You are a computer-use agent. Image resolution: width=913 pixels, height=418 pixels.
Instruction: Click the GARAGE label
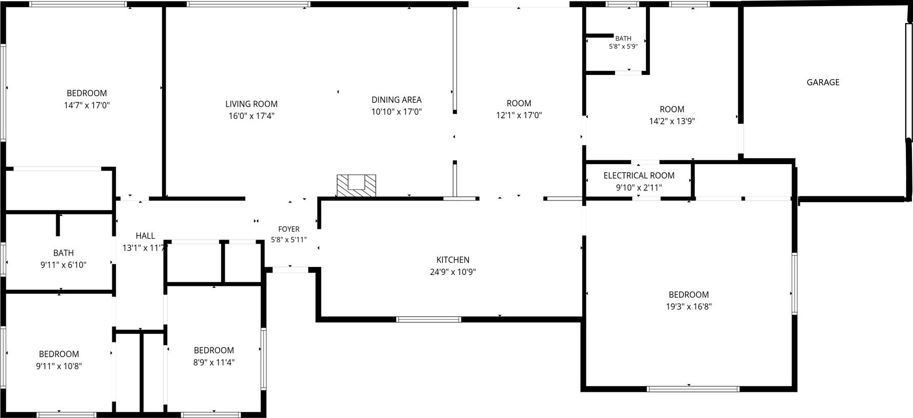click(x=823, y=82)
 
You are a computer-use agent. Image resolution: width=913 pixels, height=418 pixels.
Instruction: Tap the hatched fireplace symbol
click(x=356, y=185)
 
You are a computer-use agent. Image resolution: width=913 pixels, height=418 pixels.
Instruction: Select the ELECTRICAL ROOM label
click(x=639, y=176)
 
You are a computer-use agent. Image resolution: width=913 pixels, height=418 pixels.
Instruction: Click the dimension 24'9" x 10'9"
click(x=453, y=272)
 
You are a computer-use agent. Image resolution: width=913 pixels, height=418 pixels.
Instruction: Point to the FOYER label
click(x=289, y=229)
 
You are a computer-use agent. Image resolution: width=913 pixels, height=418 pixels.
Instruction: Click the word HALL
click(x=145, y=236)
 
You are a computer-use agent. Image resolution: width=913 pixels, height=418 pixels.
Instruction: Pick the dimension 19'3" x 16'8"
click(x=689, y=307)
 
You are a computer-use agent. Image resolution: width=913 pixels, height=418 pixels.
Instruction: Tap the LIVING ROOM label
click(x=252, y=104)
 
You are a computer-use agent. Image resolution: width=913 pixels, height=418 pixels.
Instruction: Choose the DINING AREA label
click(x=397, y=100)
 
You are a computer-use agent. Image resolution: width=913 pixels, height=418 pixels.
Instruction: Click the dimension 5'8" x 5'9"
click(x=623, y=46)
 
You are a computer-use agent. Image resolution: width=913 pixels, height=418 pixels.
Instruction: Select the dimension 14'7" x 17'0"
click(x=87, y=105)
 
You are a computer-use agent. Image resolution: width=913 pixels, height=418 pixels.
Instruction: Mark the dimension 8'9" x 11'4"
click(x=214, y=362)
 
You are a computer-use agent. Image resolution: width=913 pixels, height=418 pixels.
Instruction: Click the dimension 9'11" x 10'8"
click(x=59, y=366)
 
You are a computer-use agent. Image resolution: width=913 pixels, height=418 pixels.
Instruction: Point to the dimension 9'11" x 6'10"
click(x=63, y=265)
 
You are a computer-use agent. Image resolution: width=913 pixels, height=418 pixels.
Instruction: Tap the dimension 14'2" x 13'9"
click(x=672, y=121)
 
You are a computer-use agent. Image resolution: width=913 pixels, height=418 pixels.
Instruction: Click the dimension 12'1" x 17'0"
click(x=519, y=116)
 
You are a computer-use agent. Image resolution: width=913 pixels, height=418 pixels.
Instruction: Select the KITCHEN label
click(x=453, y=260)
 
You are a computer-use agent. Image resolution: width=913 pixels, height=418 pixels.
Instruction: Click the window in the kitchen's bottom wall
click(x=428, y=319)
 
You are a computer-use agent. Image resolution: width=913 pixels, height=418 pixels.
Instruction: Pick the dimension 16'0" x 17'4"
click(x=252, y=116)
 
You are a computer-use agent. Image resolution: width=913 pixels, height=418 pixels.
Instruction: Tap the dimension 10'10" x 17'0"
click(x=397, y=112)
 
